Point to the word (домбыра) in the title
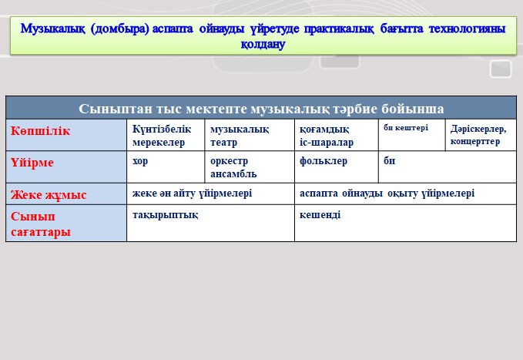tap(119, 29)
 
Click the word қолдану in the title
tap(263, 44)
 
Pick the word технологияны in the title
tap(468, 29)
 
